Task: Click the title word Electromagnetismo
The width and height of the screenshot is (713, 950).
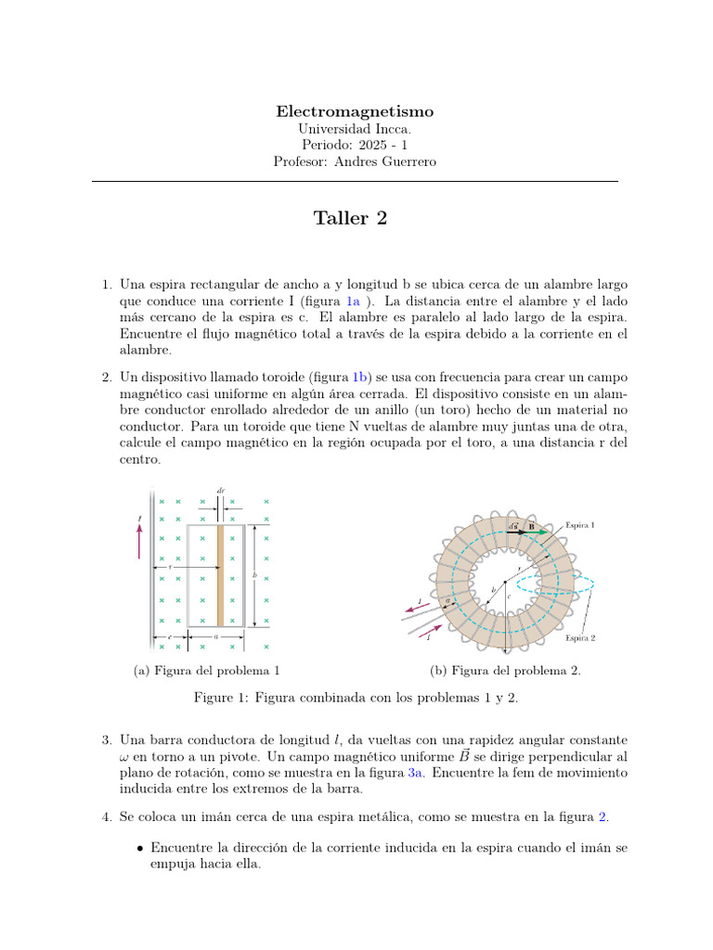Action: click(x=355, y=111)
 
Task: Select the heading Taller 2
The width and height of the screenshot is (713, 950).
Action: click(x=350, y=218)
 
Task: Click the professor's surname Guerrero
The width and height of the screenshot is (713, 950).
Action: click(x=405, y=162)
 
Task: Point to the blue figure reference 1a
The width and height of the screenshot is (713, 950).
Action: click(x=353, y=302)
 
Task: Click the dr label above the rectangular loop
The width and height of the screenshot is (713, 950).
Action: click(x=220, y=490)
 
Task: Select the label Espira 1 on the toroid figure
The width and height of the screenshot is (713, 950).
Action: click(x=580, y=525)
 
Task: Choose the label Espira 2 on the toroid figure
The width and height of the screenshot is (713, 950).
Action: click(x=580, y=638)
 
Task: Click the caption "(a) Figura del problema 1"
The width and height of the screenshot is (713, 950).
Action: click(x=207, y=671)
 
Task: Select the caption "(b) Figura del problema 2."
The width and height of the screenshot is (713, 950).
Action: click(x=506, y=671)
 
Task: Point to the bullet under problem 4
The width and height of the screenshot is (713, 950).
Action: click(x=139, y=848)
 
